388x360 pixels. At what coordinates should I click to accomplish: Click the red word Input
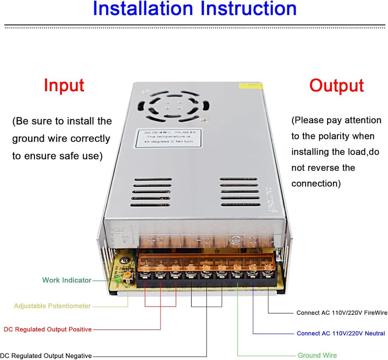click(64, 86)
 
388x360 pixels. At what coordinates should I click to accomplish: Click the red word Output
click(336, 86)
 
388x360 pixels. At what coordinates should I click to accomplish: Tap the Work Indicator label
click(67, 280)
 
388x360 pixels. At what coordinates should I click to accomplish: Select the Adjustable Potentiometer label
click(52, 306)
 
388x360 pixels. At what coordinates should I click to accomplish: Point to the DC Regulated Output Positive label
click(47, 329)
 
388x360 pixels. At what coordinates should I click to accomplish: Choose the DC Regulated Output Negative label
click(46, 356)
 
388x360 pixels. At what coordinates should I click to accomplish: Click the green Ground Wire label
click(317, 356)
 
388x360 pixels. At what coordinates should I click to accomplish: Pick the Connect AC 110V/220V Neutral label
click(341, 334)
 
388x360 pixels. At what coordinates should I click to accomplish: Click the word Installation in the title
click(143, 9)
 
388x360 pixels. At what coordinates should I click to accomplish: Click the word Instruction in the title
click(247, 9)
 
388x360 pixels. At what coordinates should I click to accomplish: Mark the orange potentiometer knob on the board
click(128, 275)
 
